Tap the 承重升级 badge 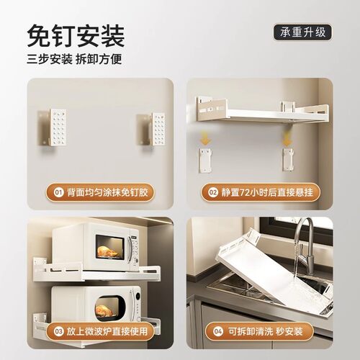point(303,32)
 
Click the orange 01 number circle point(58,193)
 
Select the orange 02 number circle point(213,193)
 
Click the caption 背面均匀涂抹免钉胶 point(110,193)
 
